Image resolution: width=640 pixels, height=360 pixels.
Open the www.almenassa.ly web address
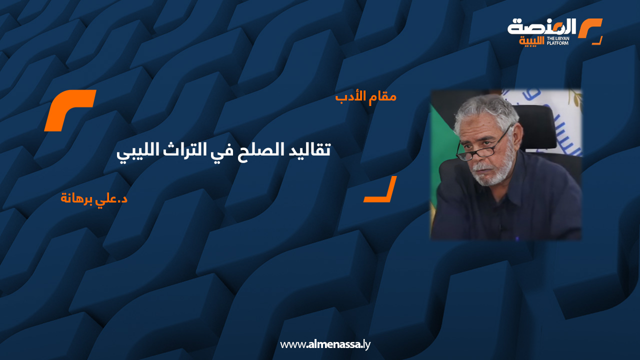tap(325, 344)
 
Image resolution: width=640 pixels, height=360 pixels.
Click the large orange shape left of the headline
tap(69, 110)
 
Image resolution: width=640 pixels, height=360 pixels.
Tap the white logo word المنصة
tap(542, 27)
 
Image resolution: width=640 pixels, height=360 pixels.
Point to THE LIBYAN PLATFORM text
tap(558, 40)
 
